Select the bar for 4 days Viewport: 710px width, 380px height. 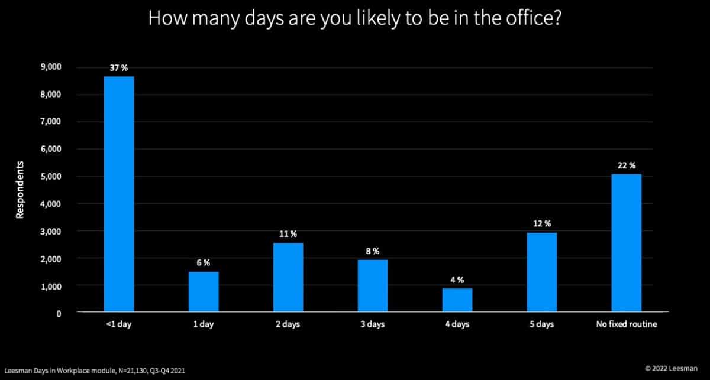coord(457,300)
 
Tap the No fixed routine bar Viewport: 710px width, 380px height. coord(626,242)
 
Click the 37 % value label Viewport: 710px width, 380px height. coord(119,68)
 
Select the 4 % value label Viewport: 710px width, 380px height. coord(457,280)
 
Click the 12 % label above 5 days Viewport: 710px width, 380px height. coord(542,223)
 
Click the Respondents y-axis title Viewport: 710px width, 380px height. coord(20,189)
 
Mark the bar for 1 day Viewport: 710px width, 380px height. coord(204,291)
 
